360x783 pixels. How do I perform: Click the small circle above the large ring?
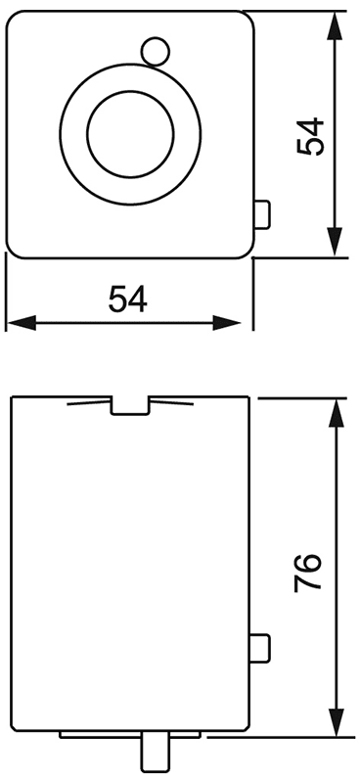point(153,49)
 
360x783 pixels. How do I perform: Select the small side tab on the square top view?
point(260,213)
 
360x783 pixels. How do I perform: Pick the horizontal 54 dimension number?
point(128,299)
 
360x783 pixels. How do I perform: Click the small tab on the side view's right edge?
point(260,646)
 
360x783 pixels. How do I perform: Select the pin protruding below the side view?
point(154,754)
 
